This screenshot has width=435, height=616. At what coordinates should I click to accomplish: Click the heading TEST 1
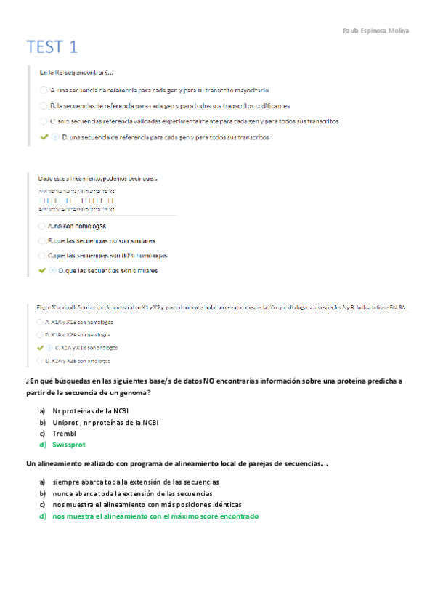click(x=52, y=48)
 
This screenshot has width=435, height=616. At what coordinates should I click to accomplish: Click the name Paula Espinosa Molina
click(x=375, y=31)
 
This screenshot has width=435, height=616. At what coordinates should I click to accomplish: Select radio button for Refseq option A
click(x=44, y=90)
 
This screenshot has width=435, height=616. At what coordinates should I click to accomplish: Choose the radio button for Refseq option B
click(x=44, y=105)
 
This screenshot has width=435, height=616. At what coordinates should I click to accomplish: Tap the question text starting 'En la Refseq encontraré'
click(x=76, y=72)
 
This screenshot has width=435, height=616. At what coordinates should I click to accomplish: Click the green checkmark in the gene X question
click(x=40, y=348)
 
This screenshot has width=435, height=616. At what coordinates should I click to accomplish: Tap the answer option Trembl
click(x=64, y=434)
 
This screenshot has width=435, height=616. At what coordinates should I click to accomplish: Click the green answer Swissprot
click(x=69, y=445)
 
